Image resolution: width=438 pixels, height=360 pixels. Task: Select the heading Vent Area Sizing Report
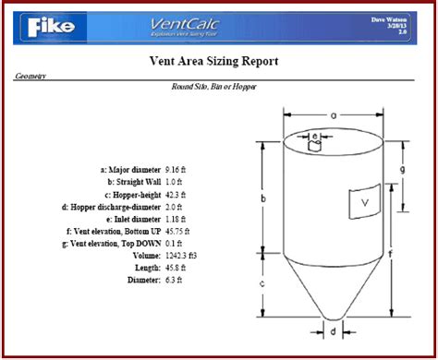tap(213, 61)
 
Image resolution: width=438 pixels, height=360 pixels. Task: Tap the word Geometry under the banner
tap(30, 78)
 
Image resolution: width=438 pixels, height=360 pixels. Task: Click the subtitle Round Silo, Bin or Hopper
tap(213, 87)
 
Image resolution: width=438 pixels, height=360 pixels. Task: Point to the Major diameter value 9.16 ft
tap(177, 170)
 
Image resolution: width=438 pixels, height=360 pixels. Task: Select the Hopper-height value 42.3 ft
tap(175, 196)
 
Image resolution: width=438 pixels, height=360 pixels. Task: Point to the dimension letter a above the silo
tap(333, 115)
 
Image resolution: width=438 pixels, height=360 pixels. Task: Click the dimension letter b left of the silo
tap(262, 198)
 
